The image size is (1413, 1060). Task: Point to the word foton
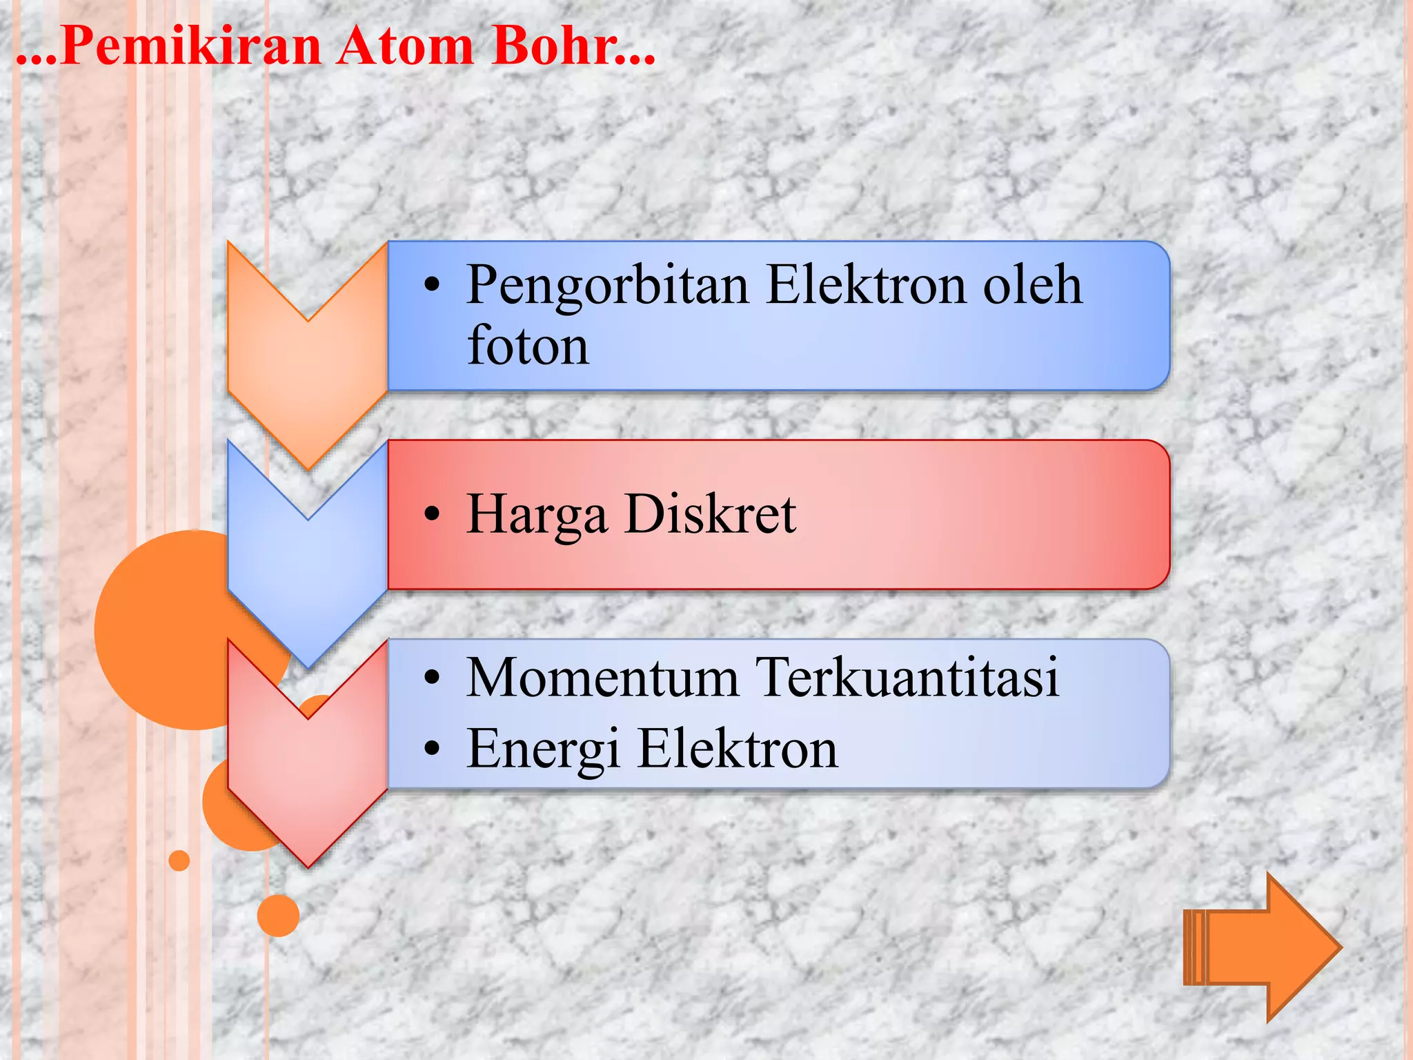(528, 345)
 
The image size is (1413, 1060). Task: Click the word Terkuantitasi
(907, 678)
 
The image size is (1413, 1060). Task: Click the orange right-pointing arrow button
(1263, 948)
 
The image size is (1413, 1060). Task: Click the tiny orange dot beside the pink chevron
(179, 861)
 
